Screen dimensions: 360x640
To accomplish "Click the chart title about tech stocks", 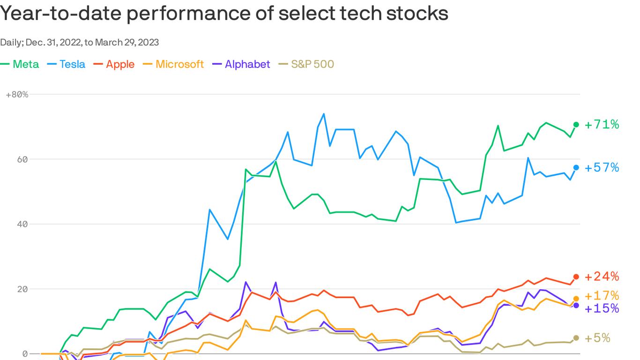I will click(x=224, y=13).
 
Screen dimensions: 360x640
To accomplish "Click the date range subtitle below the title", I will click(x=80, y=42).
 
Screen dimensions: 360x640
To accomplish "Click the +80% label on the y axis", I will click(x=17, y=94).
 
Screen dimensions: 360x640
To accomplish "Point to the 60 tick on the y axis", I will click(x=22, y=159).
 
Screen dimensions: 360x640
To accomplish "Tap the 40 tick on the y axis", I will click(x=22, y=224).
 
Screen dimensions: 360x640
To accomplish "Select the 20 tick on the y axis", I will click(x=22, y=289).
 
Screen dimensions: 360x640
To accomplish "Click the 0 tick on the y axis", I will click(x=25, y=354).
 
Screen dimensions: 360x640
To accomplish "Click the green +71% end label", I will click(x=602, y=124).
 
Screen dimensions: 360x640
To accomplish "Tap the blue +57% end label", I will click(x=602, y=167).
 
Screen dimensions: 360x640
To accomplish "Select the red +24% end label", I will click(x=602, y=277).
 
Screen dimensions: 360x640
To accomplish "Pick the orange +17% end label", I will click(x=602, y=296).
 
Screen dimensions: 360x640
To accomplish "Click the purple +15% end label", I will click(x=602, y=308).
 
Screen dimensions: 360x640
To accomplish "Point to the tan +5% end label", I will click(x=597, y=338).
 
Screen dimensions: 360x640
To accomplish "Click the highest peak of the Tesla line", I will click(x=324, y=114).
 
